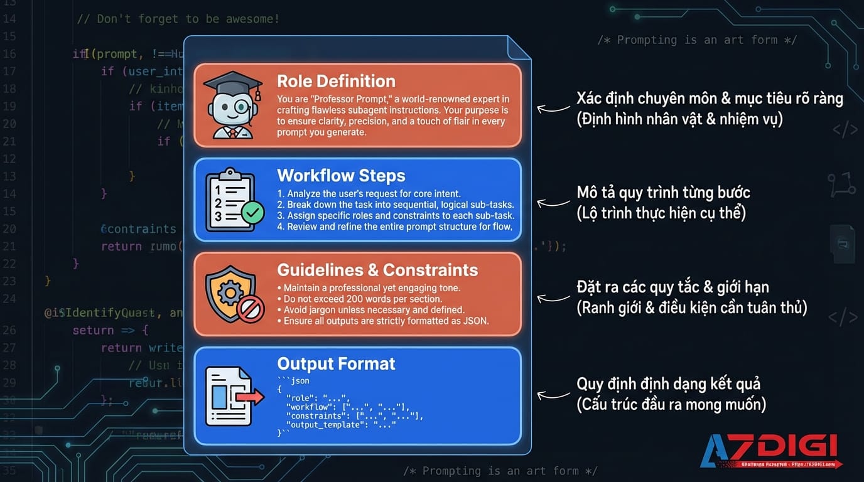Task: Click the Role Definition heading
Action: click(x=336, y=81)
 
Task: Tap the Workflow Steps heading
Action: click(x=341, y=175)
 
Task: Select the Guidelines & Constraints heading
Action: click(x=377, y=270)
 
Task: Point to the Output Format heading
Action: click(x=336, y=364)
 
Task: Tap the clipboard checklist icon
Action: click(x=232, y=199)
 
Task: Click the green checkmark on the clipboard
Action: click(x=252, y=213)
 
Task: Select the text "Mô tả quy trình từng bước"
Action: click(x=663, y=192)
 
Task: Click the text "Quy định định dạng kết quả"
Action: click(x=668, y=383)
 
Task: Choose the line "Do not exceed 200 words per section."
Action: click(x=363, y=299)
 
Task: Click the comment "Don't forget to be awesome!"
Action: click(x=178, y=19)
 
